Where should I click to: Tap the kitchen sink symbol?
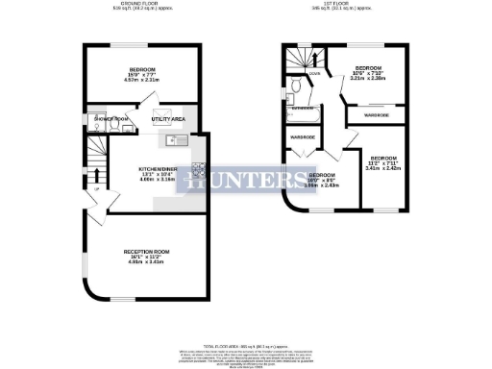[x=175, y=140]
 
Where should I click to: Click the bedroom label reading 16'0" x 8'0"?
[x=323, y=180]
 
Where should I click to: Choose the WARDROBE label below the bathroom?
[x=302, y=137]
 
